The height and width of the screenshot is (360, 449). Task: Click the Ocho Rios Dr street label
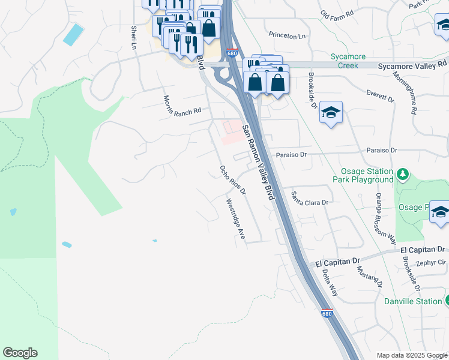233,180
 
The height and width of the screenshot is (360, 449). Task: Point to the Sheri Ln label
133,37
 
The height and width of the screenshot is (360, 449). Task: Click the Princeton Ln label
287,36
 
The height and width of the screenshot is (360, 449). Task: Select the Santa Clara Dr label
310,199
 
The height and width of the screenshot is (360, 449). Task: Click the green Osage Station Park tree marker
402,174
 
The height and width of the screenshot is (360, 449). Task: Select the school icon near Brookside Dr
331,113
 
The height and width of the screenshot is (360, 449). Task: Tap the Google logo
20,353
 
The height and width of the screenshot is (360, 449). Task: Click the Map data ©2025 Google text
412,355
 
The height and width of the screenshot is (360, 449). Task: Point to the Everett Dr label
380,95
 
